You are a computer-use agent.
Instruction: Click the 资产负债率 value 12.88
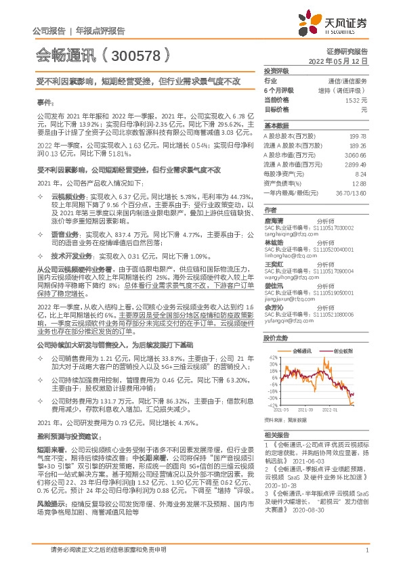coord(358,183)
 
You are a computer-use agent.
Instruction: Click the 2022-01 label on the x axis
coord(330,410)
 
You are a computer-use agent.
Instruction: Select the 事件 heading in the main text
coord(44,102)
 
